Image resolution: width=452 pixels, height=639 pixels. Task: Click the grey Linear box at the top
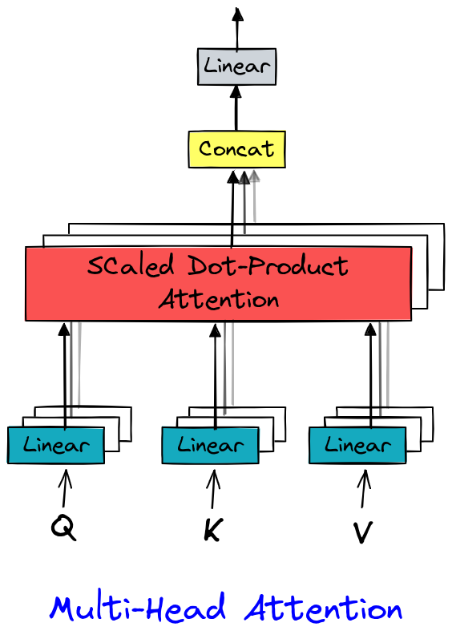click(x=236, y=67)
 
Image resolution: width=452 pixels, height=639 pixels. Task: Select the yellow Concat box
click(x=236, y=149)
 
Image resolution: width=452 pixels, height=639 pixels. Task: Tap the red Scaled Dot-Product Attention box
click(x=218, y=283)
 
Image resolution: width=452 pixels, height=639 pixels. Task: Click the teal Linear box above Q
click(x=55, y=445)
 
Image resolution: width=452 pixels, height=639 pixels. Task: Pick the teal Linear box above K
click(x=210, y=445)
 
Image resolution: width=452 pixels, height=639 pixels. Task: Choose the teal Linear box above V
click(x=357, y=445)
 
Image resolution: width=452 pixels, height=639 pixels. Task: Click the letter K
click(x=212, y=530)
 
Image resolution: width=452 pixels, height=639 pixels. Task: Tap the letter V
click(x=362, y=532)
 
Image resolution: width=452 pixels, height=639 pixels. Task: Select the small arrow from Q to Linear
click(x=65, y=488)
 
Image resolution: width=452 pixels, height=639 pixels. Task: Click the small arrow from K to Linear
click(x=213, y=488)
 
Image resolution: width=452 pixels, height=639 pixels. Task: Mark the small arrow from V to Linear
click(x=363, y=488)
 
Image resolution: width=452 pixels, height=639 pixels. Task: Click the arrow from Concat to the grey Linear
click(x=236, y=108)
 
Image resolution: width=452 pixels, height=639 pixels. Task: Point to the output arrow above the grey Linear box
click(x=236, y=28)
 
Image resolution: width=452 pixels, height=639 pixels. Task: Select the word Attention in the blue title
click(x=323, y=609)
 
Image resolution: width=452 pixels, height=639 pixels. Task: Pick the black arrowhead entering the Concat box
click(x=235, y=176)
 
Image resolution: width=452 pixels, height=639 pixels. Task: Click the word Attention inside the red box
click(x=218, y=300)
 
